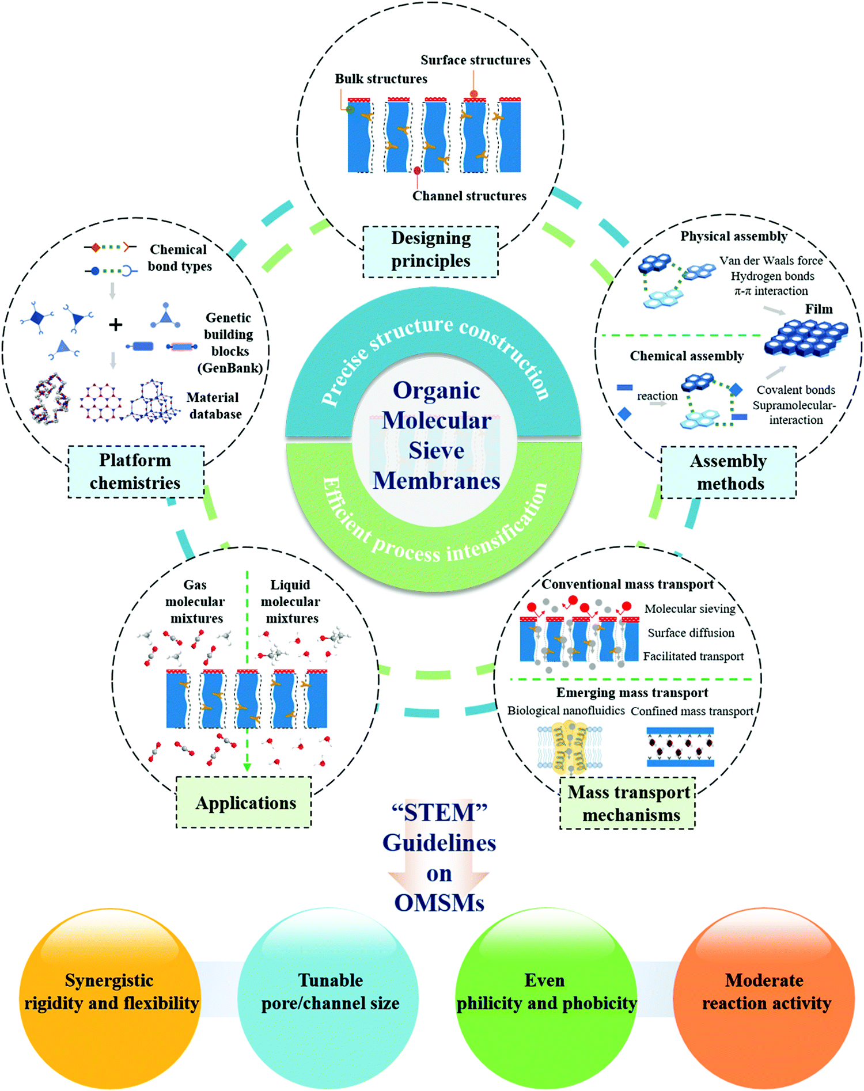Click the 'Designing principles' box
430,252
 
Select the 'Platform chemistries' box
136,472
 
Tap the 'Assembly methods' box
729,472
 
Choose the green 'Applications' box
244,803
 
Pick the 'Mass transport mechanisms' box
628,803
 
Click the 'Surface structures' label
475,60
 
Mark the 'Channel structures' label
469,196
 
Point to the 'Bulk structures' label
381,79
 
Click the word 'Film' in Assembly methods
818,309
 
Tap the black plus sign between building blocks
115,325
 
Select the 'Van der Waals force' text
771,261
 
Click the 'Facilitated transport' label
693,656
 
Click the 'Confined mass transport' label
692,712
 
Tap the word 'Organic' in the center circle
436,390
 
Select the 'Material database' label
213,406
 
